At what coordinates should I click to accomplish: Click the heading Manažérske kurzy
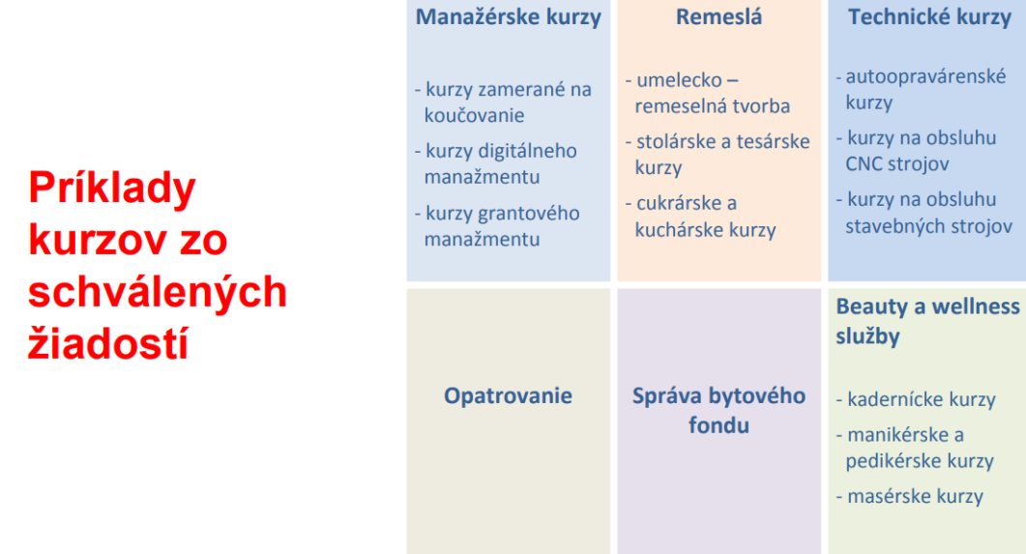click(x=508, y=17)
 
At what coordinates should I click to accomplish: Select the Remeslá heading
click(x=718, y=17)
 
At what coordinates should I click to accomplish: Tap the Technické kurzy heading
click(x=928, y=17)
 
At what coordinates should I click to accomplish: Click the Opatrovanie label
click(x=508, y=395)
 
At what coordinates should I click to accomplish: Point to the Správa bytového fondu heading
click(x=718, y=410)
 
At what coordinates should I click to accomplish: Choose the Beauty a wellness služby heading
click(x=926, y=321)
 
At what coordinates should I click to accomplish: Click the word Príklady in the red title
click(x=112, y=189)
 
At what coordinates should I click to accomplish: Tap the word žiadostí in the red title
click(x=107, y=343)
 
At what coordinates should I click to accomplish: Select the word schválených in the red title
click(x=158, y=292)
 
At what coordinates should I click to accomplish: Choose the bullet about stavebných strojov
click(x=924, y=214)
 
